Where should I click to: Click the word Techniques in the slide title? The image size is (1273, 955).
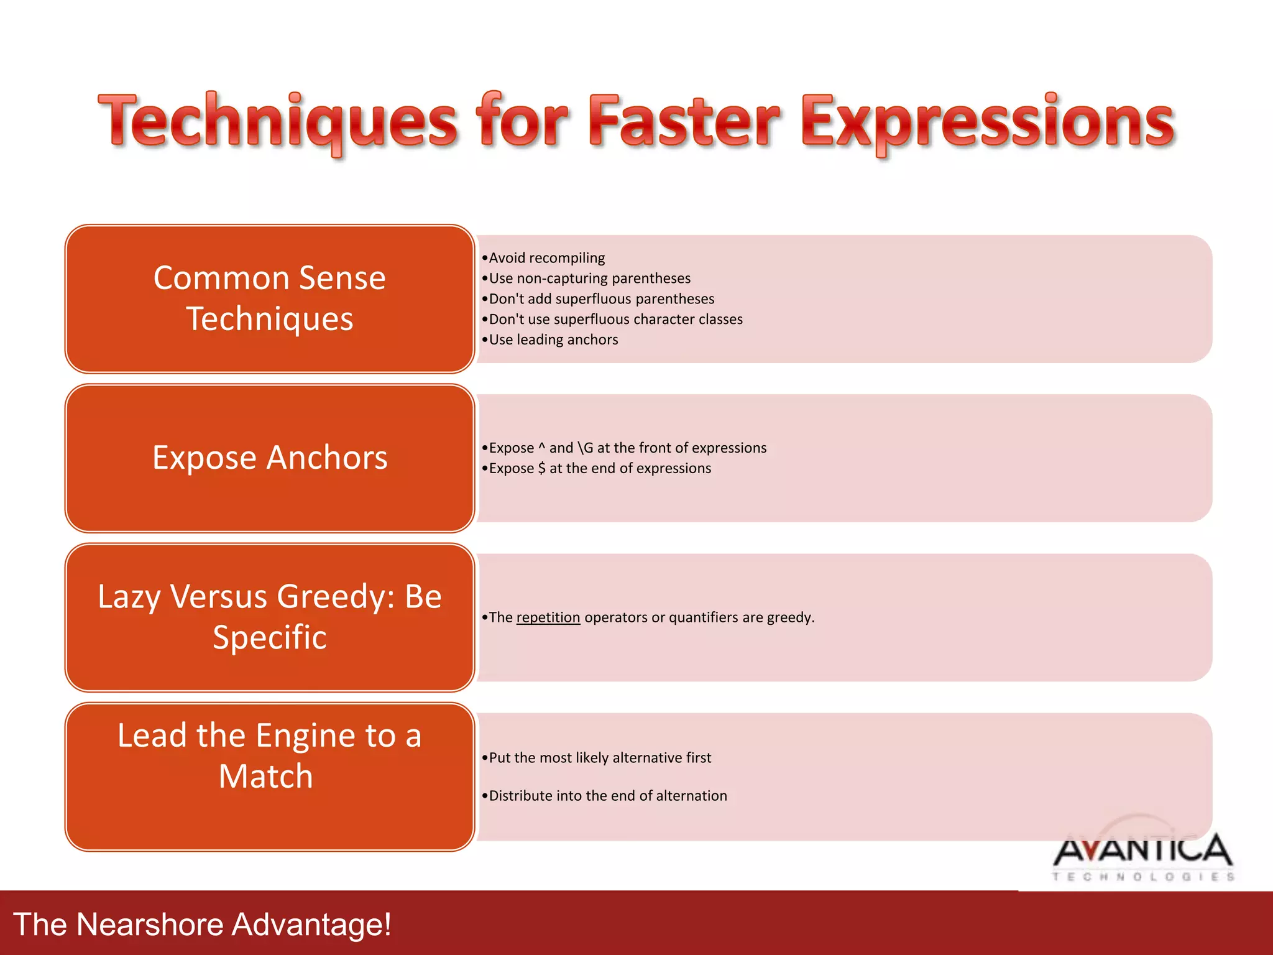click(x=278, y=121)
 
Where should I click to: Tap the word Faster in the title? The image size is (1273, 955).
click(x=684, y=121)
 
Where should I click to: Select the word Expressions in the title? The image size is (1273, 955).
click(x=988, y=121)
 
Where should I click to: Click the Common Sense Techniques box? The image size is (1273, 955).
click(x=270, y=298)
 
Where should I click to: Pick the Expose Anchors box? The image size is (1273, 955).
click(x=270, y=458)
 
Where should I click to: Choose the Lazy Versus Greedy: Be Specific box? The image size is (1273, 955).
click(x=270, y=617)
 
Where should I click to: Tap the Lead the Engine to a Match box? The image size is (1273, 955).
click(x=270, y=776)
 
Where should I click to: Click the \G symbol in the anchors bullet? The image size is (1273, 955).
click(x=586, y=448)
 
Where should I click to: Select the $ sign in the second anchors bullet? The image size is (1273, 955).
click(x=542, y=469)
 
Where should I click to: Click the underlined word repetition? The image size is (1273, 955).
click(x=548, y=617)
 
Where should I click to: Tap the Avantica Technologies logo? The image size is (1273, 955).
click(x=1142, y=855)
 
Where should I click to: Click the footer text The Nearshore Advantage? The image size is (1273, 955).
click(x=202, y=924)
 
